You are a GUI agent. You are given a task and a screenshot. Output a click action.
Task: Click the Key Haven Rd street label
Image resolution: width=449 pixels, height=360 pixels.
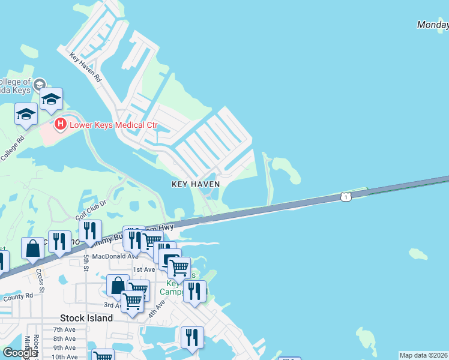(x=86, y=68)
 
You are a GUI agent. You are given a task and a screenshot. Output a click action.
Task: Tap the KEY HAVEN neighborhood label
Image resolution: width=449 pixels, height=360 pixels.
(x=196, y=184)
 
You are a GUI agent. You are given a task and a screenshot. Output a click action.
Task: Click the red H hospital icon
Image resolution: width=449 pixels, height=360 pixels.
(x=60, y=125)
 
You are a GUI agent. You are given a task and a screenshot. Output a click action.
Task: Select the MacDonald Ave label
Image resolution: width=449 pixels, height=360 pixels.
(x=115, y=256)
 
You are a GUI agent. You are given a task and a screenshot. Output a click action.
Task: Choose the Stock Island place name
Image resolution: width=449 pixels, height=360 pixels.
(x=86, y=318)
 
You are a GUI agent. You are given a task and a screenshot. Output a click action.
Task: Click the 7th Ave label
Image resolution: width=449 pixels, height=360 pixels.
(x=64, y=329)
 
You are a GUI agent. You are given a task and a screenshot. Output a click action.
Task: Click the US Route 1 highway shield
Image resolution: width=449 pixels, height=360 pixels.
(x=345, y=196)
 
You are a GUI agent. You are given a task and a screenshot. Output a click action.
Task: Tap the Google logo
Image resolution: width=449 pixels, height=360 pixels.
(x=20, y=353)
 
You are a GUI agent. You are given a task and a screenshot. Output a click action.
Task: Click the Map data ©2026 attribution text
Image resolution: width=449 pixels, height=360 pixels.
(x=424, y=355)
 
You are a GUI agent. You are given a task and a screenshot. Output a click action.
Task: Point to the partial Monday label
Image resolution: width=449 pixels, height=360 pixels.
(x=433, y=25)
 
